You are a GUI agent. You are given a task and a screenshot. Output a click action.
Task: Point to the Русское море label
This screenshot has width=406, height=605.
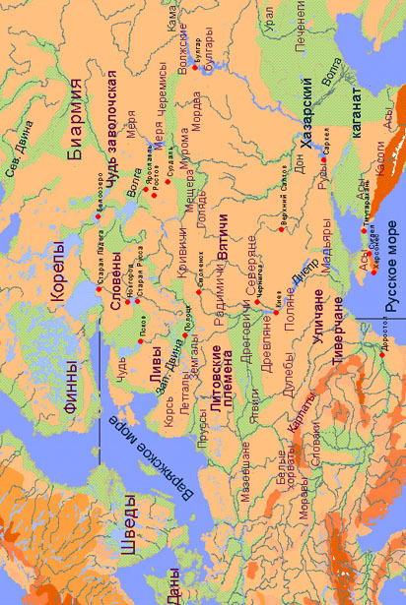click(x=390, y=280)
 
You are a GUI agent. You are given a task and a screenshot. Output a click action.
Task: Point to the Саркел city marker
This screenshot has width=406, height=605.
click(x=324, y=158)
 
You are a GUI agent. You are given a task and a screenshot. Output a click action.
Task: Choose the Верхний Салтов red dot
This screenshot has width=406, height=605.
click(x=279, y=227)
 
